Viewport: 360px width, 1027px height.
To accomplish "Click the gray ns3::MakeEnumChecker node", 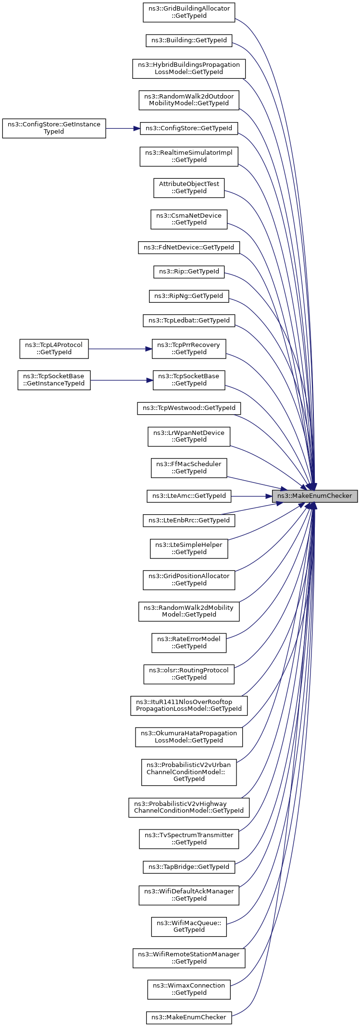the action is coord(315,496).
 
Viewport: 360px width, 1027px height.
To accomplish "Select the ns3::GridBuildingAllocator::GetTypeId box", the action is coord(189,12).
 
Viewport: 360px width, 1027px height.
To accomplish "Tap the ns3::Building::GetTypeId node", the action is coord(189,40).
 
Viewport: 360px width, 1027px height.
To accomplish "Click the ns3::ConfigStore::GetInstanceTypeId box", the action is coord(54,128).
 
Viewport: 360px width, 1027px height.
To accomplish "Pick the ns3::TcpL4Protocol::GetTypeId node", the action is coord(54,348).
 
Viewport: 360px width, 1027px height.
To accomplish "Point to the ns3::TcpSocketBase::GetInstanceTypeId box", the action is coord(54,380).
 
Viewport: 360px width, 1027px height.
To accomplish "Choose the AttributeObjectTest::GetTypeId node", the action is coord(189,187).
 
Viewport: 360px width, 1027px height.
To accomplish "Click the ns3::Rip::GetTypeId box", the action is coord(189,272).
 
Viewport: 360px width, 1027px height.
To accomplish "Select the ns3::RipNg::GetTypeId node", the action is coord(189,296).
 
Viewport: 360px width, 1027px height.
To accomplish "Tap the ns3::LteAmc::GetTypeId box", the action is coord(189,496).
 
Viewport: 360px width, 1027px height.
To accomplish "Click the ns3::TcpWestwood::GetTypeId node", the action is coord(189,408).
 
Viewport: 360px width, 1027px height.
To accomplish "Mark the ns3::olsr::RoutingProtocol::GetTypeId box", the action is coord(189,674).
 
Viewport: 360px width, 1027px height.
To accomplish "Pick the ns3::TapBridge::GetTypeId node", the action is coord(189,867).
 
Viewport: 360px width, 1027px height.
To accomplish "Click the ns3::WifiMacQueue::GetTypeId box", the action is coord(189,926).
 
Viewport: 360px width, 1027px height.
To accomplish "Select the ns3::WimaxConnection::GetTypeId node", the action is coord(189,989).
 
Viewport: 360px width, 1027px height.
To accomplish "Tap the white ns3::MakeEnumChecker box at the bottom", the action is coord(189,1017).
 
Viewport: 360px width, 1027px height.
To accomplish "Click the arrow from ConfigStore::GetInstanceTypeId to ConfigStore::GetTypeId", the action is coord(123,128).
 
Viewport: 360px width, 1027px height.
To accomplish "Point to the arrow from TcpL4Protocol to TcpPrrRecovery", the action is coord(120,349).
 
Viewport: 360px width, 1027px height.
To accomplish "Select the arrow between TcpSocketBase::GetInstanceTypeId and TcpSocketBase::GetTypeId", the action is coord(122,380).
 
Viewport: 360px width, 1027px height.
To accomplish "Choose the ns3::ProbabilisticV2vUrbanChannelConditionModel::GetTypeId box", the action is coord(189,771).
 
